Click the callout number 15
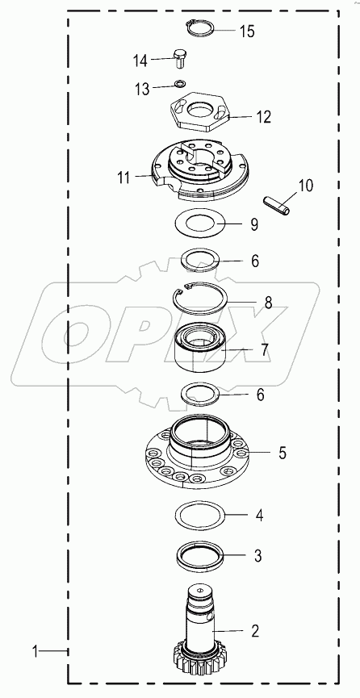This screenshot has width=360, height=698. click(x=246, y=32)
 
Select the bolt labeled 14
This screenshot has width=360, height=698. click(x=180, y=58)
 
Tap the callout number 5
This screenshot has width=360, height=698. click(x=260, y=453)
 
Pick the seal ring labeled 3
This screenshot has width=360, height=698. click(x=199, y=556)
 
